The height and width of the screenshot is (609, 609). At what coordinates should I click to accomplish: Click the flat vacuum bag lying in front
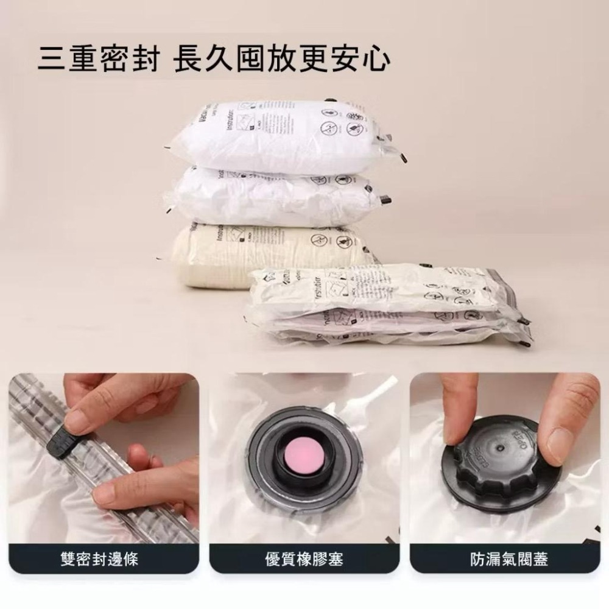384,304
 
